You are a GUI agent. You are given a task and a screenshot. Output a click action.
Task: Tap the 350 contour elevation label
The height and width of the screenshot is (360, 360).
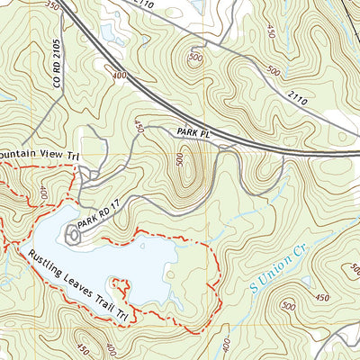51,6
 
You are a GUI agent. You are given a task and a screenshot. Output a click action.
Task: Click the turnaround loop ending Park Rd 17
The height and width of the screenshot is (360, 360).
72,234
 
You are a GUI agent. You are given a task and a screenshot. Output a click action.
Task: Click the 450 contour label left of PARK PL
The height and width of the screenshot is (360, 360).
139,128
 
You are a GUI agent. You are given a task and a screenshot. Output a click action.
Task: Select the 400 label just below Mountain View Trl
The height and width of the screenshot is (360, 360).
43,191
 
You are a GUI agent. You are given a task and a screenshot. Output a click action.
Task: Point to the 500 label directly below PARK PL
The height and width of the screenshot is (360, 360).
180,159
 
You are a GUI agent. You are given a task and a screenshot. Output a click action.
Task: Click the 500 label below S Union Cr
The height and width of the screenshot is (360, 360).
288,306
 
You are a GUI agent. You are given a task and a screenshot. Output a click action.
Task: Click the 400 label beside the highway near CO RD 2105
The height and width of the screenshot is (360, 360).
119,76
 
